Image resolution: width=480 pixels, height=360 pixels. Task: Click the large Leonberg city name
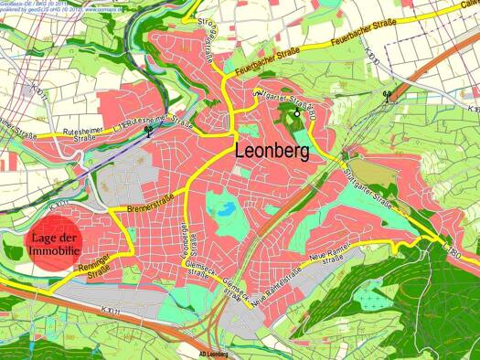(272, 150)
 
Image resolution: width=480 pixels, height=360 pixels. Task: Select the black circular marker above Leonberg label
(296, 113)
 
